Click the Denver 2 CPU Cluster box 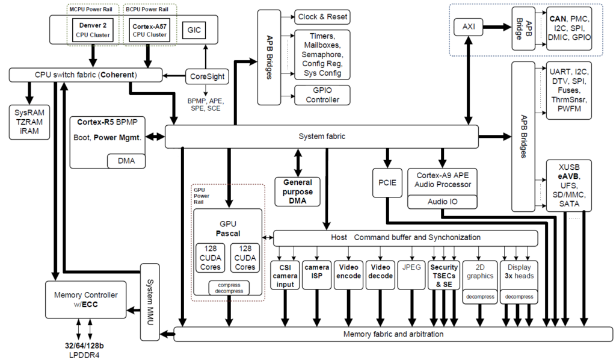tap(93, 29)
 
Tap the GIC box tap(195, 29)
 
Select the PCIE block tap(387, 184)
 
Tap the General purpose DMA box tap(297, 192)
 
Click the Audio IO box tap(443, 202)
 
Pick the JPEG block tap(411, 267)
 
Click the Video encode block tap(349, 275)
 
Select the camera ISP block tap(316, 275)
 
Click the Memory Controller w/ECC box tap(85, 299)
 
